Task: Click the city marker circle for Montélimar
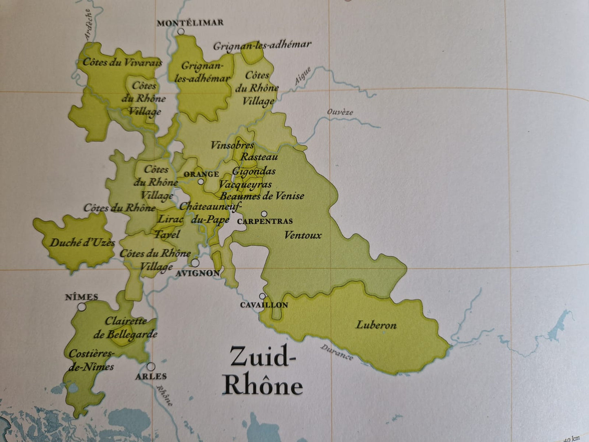(181, 31)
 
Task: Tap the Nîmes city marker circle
(82, 307)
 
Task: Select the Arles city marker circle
(151, 366)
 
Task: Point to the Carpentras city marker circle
(264, 214)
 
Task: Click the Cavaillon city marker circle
(262, 296)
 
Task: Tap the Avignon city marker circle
(196, 263)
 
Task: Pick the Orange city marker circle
(201, 182)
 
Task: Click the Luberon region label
(376, 325)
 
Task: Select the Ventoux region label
(303, 235)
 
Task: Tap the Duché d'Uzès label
(82, 243)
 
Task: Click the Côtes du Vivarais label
(122, 62)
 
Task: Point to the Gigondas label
(254, 171)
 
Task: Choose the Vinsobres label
(232, 145)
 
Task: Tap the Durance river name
(337, 352)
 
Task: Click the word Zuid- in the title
(262, 358)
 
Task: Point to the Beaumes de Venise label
(262, 196)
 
